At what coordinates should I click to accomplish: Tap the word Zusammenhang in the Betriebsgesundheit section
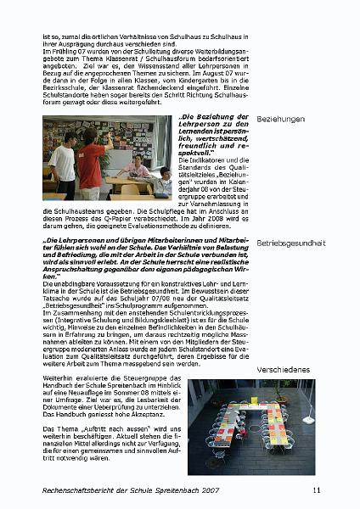point(71,312)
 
